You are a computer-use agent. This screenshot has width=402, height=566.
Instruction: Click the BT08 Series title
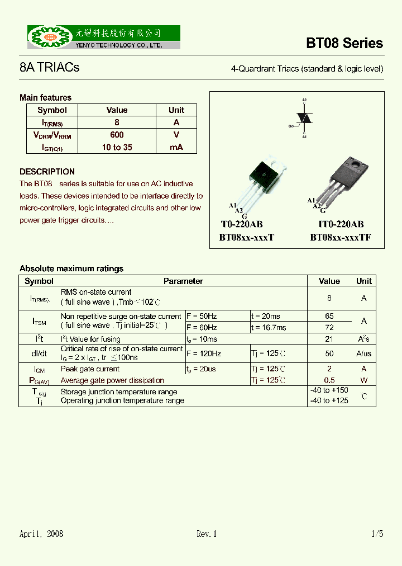(x=344, y=43)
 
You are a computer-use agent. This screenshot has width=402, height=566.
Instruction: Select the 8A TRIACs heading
(x=49, y=68)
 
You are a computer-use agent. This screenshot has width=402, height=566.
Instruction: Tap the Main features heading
(x=45, y=98)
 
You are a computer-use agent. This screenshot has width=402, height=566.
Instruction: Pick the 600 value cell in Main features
(x=117, y=135)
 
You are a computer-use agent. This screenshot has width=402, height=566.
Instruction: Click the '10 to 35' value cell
(x=117, y=148)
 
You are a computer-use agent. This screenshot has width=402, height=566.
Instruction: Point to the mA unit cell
(x=176, y=148)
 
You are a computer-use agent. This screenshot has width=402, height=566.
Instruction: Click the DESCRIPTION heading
(x=47, y=172)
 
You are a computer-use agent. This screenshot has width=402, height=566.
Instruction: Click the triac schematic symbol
(x=303, y=117)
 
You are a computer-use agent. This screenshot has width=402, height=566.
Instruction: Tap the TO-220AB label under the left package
(x=241, y=224)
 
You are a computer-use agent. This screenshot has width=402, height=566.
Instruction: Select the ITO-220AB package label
(x=340, y=224)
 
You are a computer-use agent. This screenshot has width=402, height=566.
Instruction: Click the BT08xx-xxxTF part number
(x=340, y=237)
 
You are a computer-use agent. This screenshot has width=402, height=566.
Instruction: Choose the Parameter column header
(x=183, y=281)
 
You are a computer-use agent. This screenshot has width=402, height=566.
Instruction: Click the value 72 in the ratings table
(x=329, y=327)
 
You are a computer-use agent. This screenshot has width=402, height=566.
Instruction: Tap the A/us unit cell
(x=363, y=353)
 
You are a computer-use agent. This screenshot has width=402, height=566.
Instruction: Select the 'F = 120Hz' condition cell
(x=204, y=353)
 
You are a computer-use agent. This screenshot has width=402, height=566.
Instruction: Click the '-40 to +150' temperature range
(x=329, y=390)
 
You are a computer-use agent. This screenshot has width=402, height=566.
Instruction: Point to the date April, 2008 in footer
(x=41, y=534)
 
